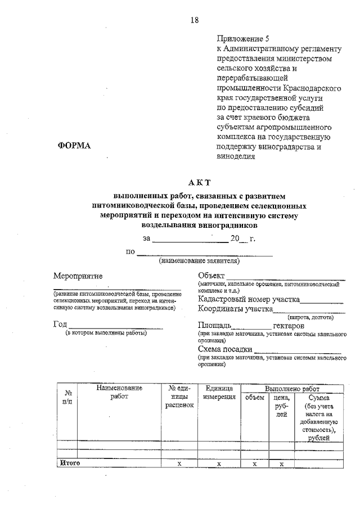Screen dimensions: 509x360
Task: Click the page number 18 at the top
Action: click(194, 20)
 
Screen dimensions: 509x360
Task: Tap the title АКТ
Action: click(199, 182)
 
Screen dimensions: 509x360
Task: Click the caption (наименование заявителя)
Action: click(200, 261)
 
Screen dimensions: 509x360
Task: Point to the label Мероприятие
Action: click(78, 276)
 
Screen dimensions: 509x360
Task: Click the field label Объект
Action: click(211, 276)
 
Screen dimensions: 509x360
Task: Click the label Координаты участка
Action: click(235, 309)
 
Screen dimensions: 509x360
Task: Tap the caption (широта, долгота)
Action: click(311, 317)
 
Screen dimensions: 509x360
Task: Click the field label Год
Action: click(60, 325)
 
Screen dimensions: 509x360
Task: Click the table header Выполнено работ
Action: click(292, 389)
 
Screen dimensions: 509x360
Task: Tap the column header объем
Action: click(254, 398)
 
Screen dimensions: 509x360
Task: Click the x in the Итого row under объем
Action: click(254, 463)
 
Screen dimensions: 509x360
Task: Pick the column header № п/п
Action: click(67, 397)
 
